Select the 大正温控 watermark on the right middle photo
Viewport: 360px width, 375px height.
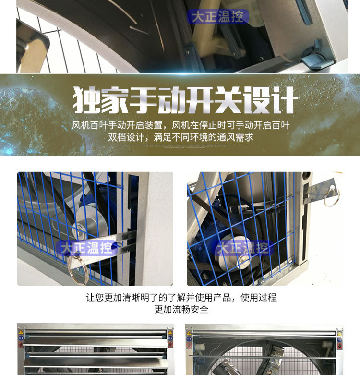[242, 248]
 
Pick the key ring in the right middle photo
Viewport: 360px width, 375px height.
[331, 197]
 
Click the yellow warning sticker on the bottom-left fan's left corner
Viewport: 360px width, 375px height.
[21, 332]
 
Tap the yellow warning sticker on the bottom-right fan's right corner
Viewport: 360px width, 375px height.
[339, 333]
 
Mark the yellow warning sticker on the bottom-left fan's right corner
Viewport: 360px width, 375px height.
[170, 332]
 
